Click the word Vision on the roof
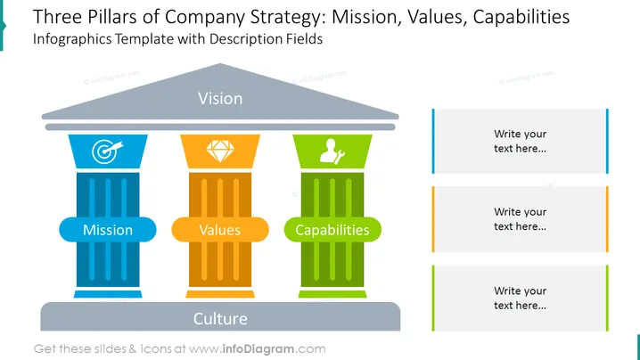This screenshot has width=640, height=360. click(x=220, y=98)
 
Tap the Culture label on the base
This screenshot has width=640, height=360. click(x=220, y=319)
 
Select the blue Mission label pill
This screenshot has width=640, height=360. click(x=108, y=230)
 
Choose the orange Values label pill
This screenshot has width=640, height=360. click(x=220, y=230)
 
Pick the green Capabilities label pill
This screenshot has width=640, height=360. click(x=332, y=230)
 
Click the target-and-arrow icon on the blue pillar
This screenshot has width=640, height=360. click(x=107, y=151)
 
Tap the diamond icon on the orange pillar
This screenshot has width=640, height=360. click(x=220, y=151)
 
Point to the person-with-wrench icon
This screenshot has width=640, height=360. click(x=332, y=151)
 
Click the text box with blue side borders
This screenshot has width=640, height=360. click(x=521, y=141)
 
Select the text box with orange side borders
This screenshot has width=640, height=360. click(x=521, y=219)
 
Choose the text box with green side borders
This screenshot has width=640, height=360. click(x=521, y=298)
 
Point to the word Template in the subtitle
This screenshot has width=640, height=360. click(x=144, y=39)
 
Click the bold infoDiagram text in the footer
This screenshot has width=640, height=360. click(x=258, y=349)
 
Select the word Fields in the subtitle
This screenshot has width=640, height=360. click(x=305, y=39)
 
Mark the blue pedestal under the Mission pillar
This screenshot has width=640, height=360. click(x=108, y=294)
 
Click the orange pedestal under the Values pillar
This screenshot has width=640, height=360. click(x=220, y=294)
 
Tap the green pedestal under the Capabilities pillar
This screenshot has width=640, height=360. click(x=332, y=294)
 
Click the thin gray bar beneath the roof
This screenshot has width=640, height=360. click(x=220, y=127)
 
